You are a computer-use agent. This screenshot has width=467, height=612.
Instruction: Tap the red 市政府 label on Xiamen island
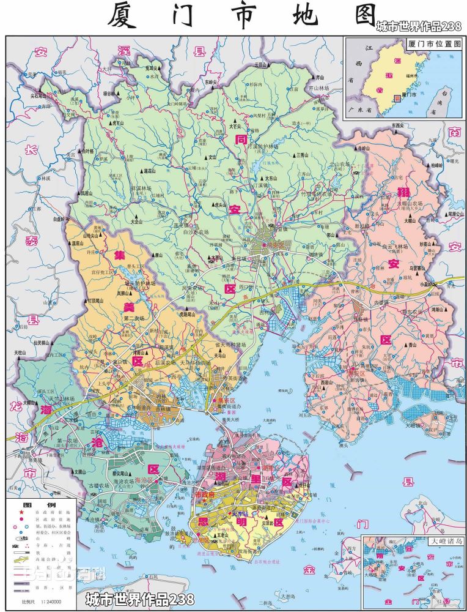tap(205, 494)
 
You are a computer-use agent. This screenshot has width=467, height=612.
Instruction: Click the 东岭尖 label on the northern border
tap(212, 81)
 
